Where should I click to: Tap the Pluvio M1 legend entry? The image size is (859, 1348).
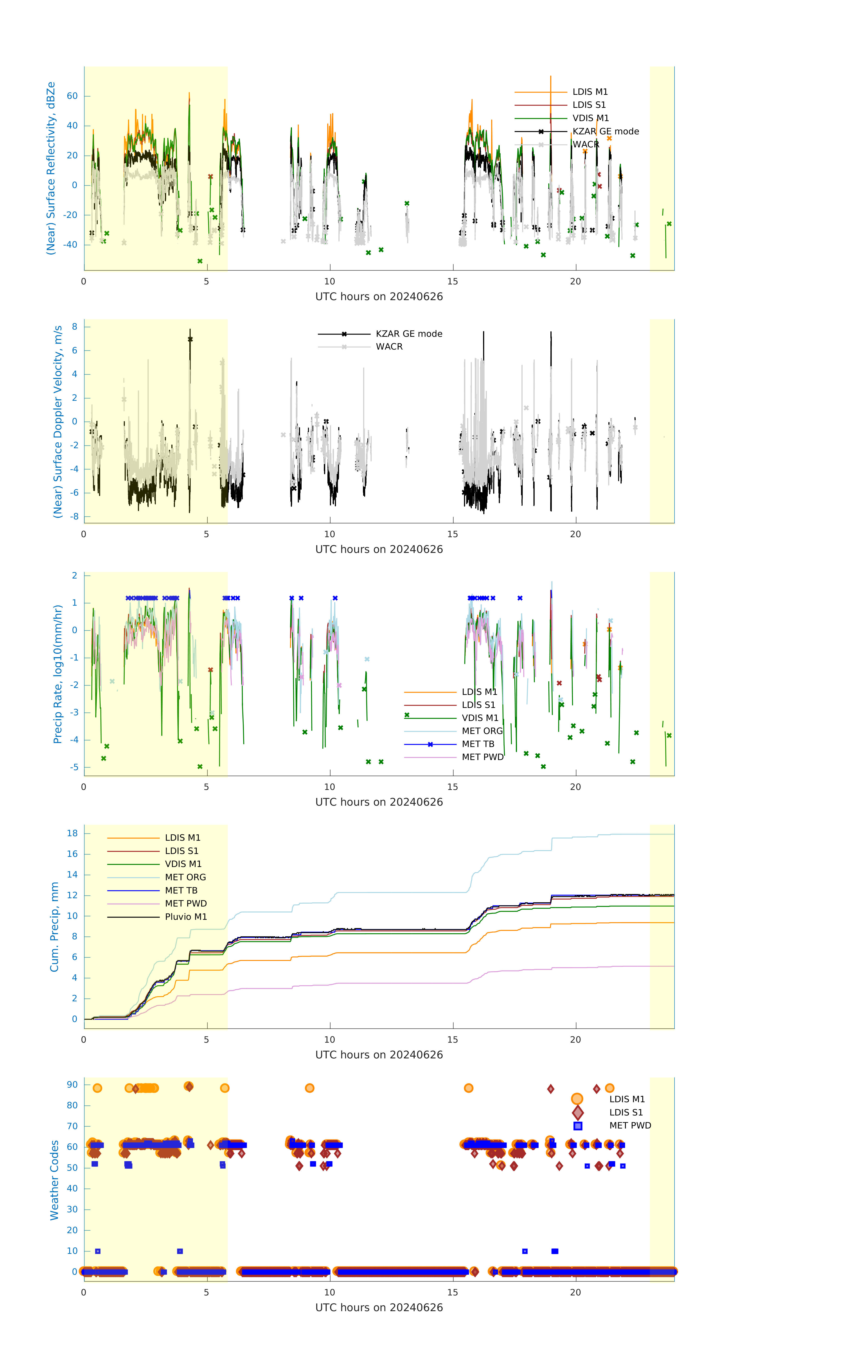[x=186, y=917]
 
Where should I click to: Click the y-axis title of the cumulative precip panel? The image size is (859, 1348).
[x=54, y=927]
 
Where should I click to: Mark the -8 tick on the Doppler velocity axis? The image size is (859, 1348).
[x=74, y=517]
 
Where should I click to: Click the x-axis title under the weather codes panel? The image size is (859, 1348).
[x=379, y=1308]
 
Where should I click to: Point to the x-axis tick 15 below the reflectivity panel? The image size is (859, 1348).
[x=453, y=282]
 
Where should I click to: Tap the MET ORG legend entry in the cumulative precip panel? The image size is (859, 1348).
[x=185, y=877]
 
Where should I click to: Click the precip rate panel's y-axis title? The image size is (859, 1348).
[x=57, y=674]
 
